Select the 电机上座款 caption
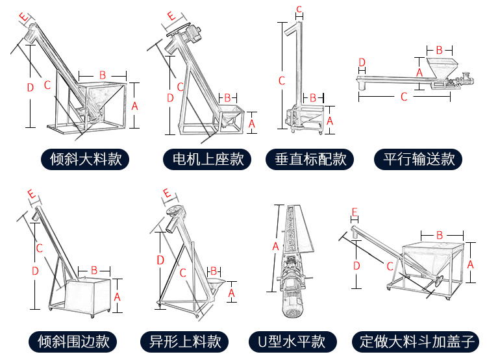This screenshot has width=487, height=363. (203, 159)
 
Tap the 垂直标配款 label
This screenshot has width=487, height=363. (310, 159)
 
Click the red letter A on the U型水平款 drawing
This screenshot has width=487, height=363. (275, 247)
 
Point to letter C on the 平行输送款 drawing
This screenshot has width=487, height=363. (404, 97)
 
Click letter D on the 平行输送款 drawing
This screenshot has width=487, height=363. (362, 62)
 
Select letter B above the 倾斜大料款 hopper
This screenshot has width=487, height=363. (102, 75)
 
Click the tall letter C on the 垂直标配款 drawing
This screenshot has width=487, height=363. (281, 81)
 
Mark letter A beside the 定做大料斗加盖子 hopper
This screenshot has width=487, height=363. (471, 265)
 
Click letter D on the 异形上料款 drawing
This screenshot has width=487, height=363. (160, 260)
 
